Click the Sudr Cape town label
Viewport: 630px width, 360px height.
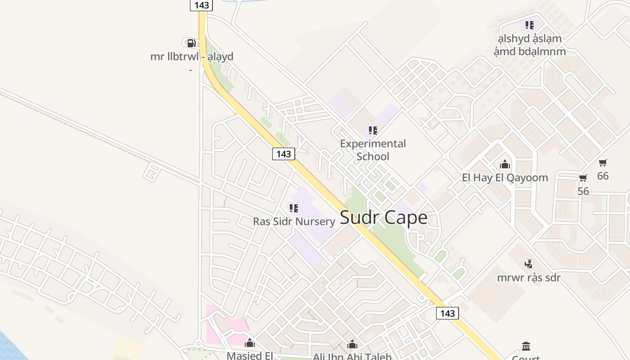tap(383, 218)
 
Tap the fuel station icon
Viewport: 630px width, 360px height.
tap(191, 43)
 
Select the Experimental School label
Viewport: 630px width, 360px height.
tap(373, 150)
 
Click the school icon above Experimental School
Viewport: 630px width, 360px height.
tap(373, 130)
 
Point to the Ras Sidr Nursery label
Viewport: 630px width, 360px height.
tap(294, 221)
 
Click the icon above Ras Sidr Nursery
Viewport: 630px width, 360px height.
tap(294, 208)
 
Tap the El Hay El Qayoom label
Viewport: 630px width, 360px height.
tap(505, 178)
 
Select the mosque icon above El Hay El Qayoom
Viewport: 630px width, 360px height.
tap(505, 164)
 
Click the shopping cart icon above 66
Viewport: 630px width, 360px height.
tap(603, 162)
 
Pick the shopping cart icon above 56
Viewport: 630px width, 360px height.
tap(583, 178)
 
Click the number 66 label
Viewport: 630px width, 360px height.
tap(603, 176)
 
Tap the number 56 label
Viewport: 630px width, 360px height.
tap(583, 191)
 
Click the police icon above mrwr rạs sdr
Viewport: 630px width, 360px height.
tap(529, 264)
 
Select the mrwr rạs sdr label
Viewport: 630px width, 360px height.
tap(529, 277)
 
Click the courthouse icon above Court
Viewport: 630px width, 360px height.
tap(526, 346)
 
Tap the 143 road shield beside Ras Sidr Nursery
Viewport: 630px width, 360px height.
tap(283, 154)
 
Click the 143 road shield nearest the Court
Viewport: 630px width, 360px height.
tap(447, 313)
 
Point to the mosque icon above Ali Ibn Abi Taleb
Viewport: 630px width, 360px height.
tap(352, 344)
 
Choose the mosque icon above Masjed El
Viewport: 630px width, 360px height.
tap(250, 343)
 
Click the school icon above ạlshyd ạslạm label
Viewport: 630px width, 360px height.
tap(530, 25)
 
